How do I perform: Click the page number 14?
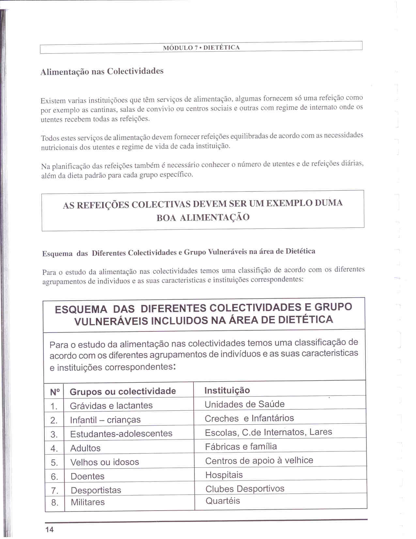[50, 529]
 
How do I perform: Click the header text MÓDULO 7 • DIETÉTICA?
[201, 48]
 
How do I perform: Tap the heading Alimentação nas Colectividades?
[102, 71]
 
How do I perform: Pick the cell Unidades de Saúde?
[244, 404]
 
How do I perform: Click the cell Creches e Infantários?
[249, 418]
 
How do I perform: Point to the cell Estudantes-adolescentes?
[121, 433]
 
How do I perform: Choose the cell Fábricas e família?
[241, 446]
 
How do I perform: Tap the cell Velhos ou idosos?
[105, 462]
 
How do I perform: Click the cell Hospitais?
[224, 475]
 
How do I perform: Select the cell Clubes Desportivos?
[245, 489]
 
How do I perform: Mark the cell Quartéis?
[223, 501]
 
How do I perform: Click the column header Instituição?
[227, 390]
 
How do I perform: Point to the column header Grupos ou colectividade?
[123, 391]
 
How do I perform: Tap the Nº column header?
[55, 392]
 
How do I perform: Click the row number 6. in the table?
[54, 477]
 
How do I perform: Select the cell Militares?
[88, 502]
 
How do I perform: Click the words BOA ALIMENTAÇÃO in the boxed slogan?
[203, 217]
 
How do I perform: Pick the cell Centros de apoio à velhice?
[259, 461]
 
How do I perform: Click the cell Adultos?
[85, 448]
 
